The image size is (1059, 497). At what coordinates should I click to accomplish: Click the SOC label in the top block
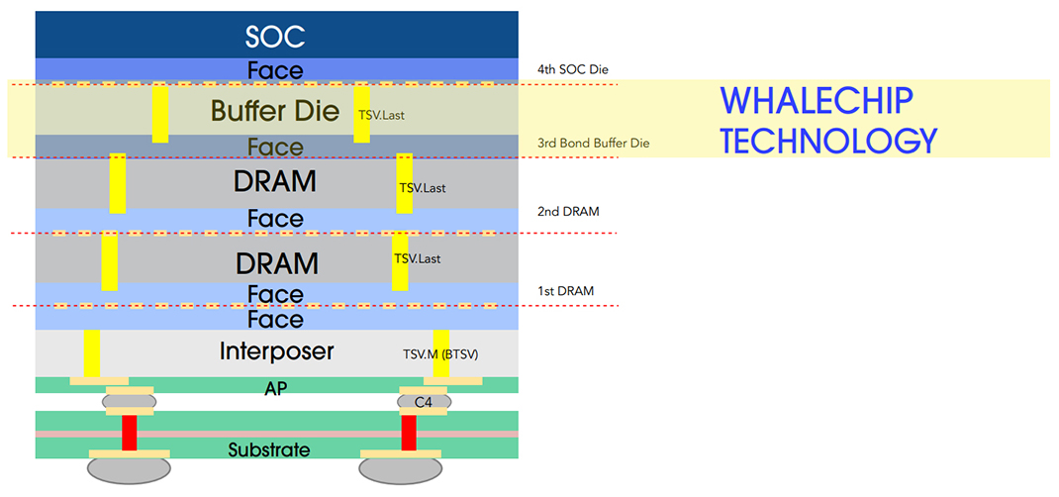275,38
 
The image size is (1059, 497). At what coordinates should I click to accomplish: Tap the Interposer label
276,351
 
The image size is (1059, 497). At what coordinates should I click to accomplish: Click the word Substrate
269,449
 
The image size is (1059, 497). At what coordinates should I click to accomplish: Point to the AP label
276,389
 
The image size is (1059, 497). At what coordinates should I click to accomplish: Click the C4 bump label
423,402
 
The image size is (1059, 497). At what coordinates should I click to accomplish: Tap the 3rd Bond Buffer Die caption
593,144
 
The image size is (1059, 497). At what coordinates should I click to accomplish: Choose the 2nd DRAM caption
568,211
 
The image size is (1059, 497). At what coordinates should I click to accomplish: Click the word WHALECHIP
816,101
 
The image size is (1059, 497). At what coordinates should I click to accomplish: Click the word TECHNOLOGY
827,142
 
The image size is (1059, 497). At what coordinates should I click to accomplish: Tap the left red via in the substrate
129,433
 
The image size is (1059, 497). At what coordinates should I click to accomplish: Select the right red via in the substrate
408,433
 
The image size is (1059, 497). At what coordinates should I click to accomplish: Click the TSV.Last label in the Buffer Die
381,115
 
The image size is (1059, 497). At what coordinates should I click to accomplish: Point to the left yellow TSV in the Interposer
92,353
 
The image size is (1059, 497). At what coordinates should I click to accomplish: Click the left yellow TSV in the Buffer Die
159,114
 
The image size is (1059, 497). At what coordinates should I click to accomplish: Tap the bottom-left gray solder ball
130,469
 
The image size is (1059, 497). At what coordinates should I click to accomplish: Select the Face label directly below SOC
275,70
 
